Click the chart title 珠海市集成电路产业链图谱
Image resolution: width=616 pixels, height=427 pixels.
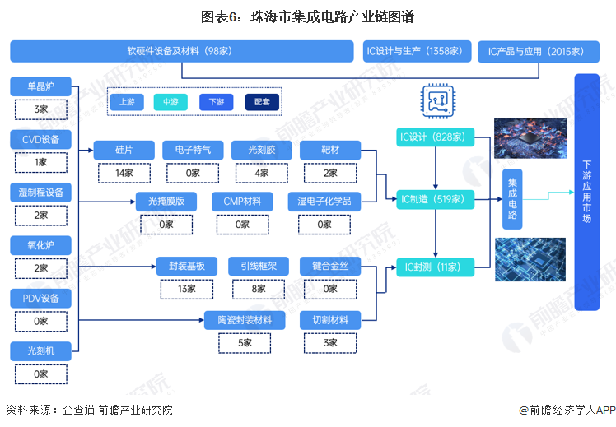click(307, 15)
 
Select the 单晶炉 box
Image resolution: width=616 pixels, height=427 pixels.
click(41, 86)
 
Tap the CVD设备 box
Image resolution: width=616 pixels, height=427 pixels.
click(41, 139)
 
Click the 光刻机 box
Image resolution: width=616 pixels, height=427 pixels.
click(41, 351)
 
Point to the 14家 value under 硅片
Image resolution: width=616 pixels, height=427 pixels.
click(124, 173)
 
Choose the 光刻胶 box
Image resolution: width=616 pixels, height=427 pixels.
click(261, 150)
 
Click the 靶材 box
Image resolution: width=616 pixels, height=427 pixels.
click(329, 150)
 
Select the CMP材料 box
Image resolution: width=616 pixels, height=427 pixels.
click(242, 202)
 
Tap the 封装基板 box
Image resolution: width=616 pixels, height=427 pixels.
click(192, 266)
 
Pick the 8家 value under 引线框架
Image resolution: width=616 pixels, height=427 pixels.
click(259, 289)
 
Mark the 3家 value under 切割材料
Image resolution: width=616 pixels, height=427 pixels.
click(329, 343)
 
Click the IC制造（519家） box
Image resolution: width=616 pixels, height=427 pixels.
click(434, 199)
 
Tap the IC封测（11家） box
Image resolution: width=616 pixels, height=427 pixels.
click(434, 267)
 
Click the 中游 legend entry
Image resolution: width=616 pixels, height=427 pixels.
click(170, 102)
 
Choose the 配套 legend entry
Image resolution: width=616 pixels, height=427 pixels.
click(261, 102)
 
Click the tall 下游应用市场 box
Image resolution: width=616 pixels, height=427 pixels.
click(586, 192)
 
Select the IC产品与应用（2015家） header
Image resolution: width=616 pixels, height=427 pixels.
click(535, 51)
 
